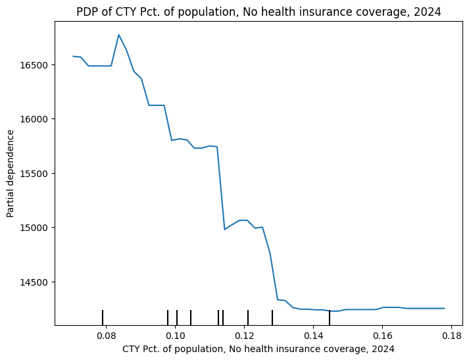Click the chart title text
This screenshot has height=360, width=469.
click(x=259, y=12)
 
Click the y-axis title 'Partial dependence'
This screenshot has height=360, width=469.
click(x=11, y=173)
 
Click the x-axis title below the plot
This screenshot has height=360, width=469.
click(x=259, y=349)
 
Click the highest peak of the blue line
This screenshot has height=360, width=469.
click(x=118, y=35)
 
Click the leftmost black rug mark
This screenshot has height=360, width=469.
click(x=103, y=317)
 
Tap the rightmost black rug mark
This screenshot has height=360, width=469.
click(x=330, y=317)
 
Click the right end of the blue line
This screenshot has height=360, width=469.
click(x=444, y=308)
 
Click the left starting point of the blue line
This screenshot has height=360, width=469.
click(x=73, y=56)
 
